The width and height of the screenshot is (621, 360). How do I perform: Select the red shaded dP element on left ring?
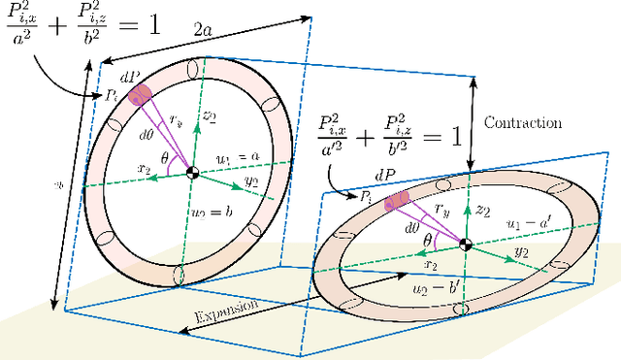tap(142, 94)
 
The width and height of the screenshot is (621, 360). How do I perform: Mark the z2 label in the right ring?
tap(483, 210)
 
